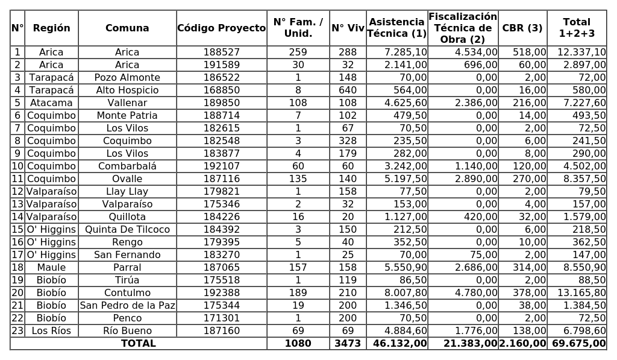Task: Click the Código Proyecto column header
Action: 221,28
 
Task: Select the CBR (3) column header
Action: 522,28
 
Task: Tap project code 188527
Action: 221,52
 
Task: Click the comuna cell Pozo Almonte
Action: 127,78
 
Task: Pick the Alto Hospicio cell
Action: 127,90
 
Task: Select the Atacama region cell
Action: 51,103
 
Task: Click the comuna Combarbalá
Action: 127,166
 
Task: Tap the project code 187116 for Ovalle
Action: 221,179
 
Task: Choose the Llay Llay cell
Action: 127,192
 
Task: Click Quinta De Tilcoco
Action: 127,230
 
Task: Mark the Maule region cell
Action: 51,268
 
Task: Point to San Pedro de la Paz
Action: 127,306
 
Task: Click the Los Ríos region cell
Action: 51,331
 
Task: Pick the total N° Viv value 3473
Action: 348,344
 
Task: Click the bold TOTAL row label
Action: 139,344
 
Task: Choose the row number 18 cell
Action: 17,268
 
